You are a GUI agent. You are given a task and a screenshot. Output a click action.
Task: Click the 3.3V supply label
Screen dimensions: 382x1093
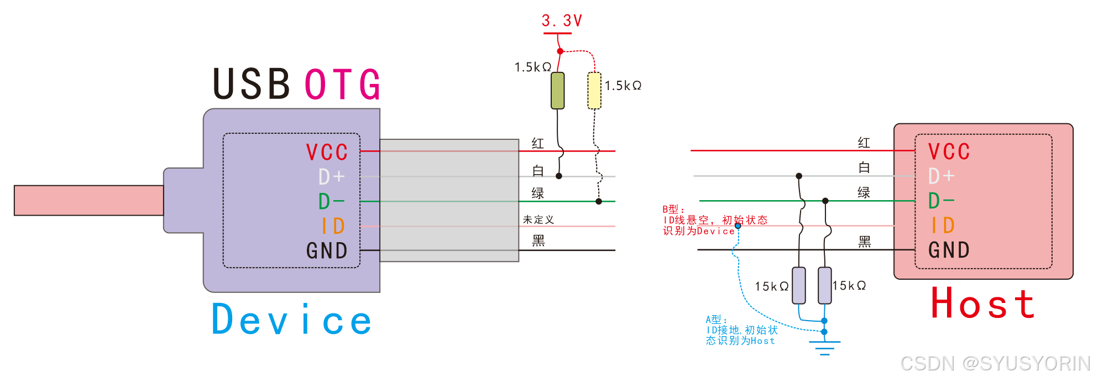point(562,21)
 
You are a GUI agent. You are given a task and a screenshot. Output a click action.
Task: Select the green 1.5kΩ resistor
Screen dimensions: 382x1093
point(558,90)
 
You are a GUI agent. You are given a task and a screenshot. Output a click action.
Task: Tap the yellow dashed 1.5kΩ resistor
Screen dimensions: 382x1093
point(594,90)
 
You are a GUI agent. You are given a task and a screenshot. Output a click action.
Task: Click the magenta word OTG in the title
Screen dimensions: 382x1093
point(343,85)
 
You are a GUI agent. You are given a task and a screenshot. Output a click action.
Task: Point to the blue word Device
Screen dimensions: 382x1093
point(291,320)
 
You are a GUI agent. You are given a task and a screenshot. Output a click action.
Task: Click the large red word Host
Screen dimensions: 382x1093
point(982,303)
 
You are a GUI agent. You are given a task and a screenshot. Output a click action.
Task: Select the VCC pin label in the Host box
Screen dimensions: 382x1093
point(949,151)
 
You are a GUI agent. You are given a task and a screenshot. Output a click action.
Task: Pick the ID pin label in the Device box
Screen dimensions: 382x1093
point(333,226)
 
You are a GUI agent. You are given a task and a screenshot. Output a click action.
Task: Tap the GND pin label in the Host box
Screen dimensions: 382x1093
point(949,250)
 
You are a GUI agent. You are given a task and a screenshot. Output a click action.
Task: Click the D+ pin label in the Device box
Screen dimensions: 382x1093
point(332,177)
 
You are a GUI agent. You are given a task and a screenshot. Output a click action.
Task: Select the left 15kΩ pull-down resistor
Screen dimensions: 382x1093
point(798,285)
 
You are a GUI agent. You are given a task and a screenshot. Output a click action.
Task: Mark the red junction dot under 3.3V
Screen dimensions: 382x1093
point(560,51)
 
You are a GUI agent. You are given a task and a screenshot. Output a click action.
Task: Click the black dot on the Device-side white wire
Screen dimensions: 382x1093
point(559,176)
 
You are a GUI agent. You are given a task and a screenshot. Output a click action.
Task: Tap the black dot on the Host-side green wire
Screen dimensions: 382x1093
point(825,201)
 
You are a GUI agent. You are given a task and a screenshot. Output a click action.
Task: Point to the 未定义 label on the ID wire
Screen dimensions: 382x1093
point(538,219)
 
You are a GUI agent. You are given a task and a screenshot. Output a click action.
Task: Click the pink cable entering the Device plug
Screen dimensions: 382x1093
point(88,200)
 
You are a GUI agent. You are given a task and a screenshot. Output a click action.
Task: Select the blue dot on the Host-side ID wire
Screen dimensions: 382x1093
point(738,226)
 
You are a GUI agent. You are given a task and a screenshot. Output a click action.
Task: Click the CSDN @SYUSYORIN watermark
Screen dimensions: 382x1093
point(995,363)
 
